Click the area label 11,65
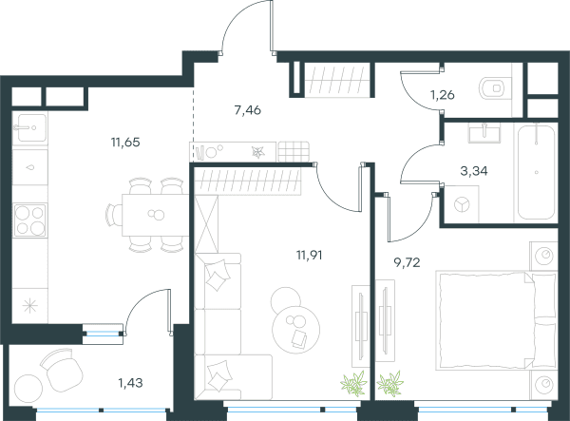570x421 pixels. [125, 143]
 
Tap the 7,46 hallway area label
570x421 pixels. [248, 110]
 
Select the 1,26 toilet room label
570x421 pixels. [443, 95]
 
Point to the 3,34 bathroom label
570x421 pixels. [474, 170]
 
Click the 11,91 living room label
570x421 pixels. [310, 256]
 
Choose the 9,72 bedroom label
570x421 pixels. [408, 262]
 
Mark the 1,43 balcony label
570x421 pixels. [130, 383]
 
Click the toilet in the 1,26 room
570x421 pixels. [492, 88]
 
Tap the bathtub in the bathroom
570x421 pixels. [537, 172]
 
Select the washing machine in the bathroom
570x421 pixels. [462, 204]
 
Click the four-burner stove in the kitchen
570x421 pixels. [30, 220]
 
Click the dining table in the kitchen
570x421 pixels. [155, 215]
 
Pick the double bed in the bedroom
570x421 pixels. [496, 320]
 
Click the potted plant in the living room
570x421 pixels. [353, 383]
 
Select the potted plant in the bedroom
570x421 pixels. [390, 383]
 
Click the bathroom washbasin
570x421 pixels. [484, 132]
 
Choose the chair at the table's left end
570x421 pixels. [114, 215]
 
